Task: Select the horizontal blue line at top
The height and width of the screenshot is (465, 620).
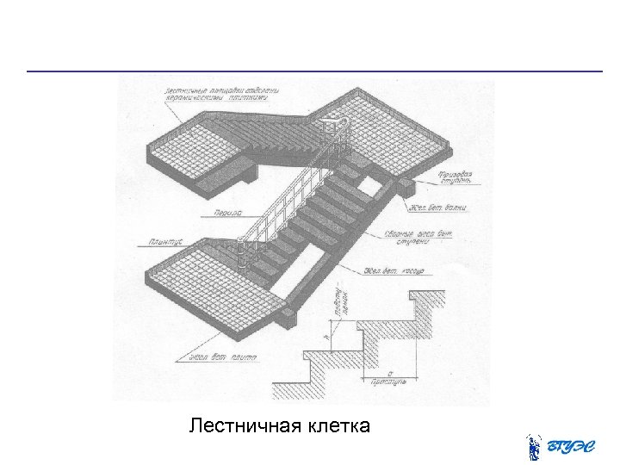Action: click(x=314, y=71)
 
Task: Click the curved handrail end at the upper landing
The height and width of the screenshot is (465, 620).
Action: click(x=329, y=127)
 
